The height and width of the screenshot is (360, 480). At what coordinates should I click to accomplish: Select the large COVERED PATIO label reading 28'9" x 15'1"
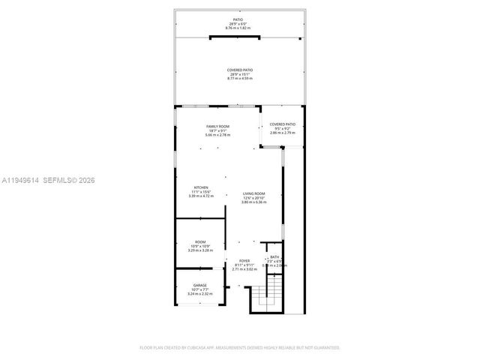click(x=240, y=70)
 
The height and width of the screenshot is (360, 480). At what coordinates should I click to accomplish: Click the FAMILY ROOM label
click(x=218, y=126)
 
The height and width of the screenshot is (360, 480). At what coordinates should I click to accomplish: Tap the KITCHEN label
click(x=200, y=187)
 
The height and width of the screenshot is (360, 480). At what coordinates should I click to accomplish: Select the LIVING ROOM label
click(x=253, y=193)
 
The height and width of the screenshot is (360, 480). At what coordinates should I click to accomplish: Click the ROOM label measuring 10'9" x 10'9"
click(x=200, y=241)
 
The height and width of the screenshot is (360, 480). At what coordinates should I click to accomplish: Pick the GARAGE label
click(x=200, y=285)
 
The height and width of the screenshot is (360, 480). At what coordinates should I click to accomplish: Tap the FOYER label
click(x=244, y=260)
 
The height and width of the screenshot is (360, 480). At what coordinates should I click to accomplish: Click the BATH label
click(x=274, y=256)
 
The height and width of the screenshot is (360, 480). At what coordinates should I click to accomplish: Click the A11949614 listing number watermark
click(x=20, y=181)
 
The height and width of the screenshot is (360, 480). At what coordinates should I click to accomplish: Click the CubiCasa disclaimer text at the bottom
click(x=240, y=347)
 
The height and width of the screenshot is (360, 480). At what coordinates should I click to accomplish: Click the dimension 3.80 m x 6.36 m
click(x=253, y=202)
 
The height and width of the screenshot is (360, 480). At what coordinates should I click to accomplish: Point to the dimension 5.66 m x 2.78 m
click(x=218, y=135)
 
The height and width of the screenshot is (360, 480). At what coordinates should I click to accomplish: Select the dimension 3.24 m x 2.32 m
click(x=200, y=294)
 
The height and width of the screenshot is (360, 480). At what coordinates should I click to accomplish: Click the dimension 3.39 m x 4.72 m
click(x=200, y=196)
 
